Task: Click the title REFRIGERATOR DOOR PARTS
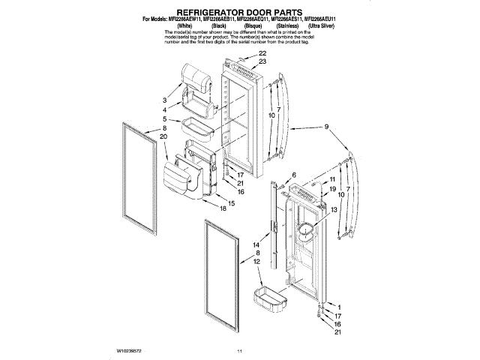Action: click(x=240, y=13)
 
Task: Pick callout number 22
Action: click(x=262, y=54)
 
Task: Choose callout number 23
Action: click(x=262, y=61)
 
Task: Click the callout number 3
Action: click(x=163, y=100)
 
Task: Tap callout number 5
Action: click(x=163, y=119)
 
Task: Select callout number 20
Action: click(x=163, y=136)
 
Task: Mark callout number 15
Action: click(x=231, y=203)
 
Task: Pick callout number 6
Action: click(x=294, y=175)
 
